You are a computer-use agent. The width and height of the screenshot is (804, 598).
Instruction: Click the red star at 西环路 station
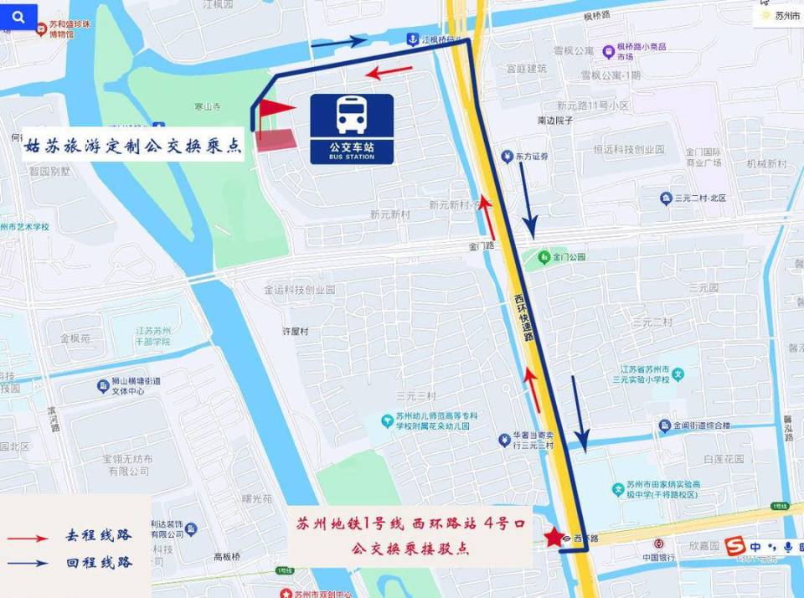(x=553, y=538)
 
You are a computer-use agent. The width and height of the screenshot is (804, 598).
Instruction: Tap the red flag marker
(x=275, y=109)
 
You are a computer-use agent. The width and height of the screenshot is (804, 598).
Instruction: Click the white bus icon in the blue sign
(x=352, y=115)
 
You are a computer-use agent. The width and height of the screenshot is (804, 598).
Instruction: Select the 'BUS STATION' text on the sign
(x=352, y=157)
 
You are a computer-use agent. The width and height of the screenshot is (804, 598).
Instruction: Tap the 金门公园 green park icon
(x=544, y=256)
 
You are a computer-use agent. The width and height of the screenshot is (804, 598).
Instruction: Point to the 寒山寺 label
(x=207, y=106)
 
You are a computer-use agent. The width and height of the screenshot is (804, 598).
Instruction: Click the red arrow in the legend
(x=27, y=536)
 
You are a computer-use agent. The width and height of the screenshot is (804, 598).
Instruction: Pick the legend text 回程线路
(x=99, y=562)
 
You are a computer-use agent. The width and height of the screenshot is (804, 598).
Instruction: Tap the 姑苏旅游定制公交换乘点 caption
(x=133, y=145)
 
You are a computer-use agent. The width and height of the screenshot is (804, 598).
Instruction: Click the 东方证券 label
(x=530, y=157)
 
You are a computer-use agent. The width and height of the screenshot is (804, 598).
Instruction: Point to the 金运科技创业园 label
(x=299, y=290)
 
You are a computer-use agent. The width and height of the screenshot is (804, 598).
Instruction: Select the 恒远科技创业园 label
(x=628, y=150)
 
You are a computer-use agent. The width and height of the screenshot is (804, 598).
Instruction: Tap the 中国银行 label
(x=658, y=557)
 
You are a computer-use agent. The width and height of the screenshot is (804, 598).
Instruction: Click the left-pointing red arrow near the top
(x=389, y=72)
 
